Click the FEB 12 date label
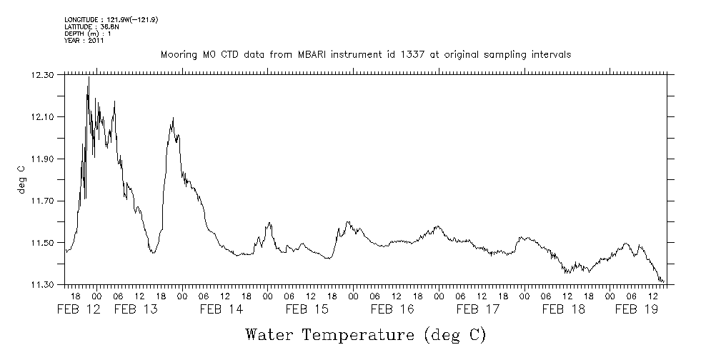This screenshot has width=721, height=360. coord(78,310)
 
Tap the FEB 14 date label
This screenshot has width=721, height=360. coord(222,310)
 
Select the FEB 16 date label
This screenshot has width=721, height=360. coord(393,310)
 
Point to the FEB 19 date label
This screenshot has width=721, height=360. coord(636,310)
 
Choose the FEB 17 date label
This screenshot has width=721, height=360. coord(478,310)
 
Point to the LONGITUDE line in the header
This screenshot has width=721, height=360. coord(111,19)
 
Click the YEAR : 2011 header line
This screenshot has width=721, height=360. coord(84,41)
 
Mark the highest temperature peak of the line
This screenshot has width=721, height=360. coord(88,76)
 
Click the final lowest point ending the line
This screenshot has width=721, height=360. coord(663,282)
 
